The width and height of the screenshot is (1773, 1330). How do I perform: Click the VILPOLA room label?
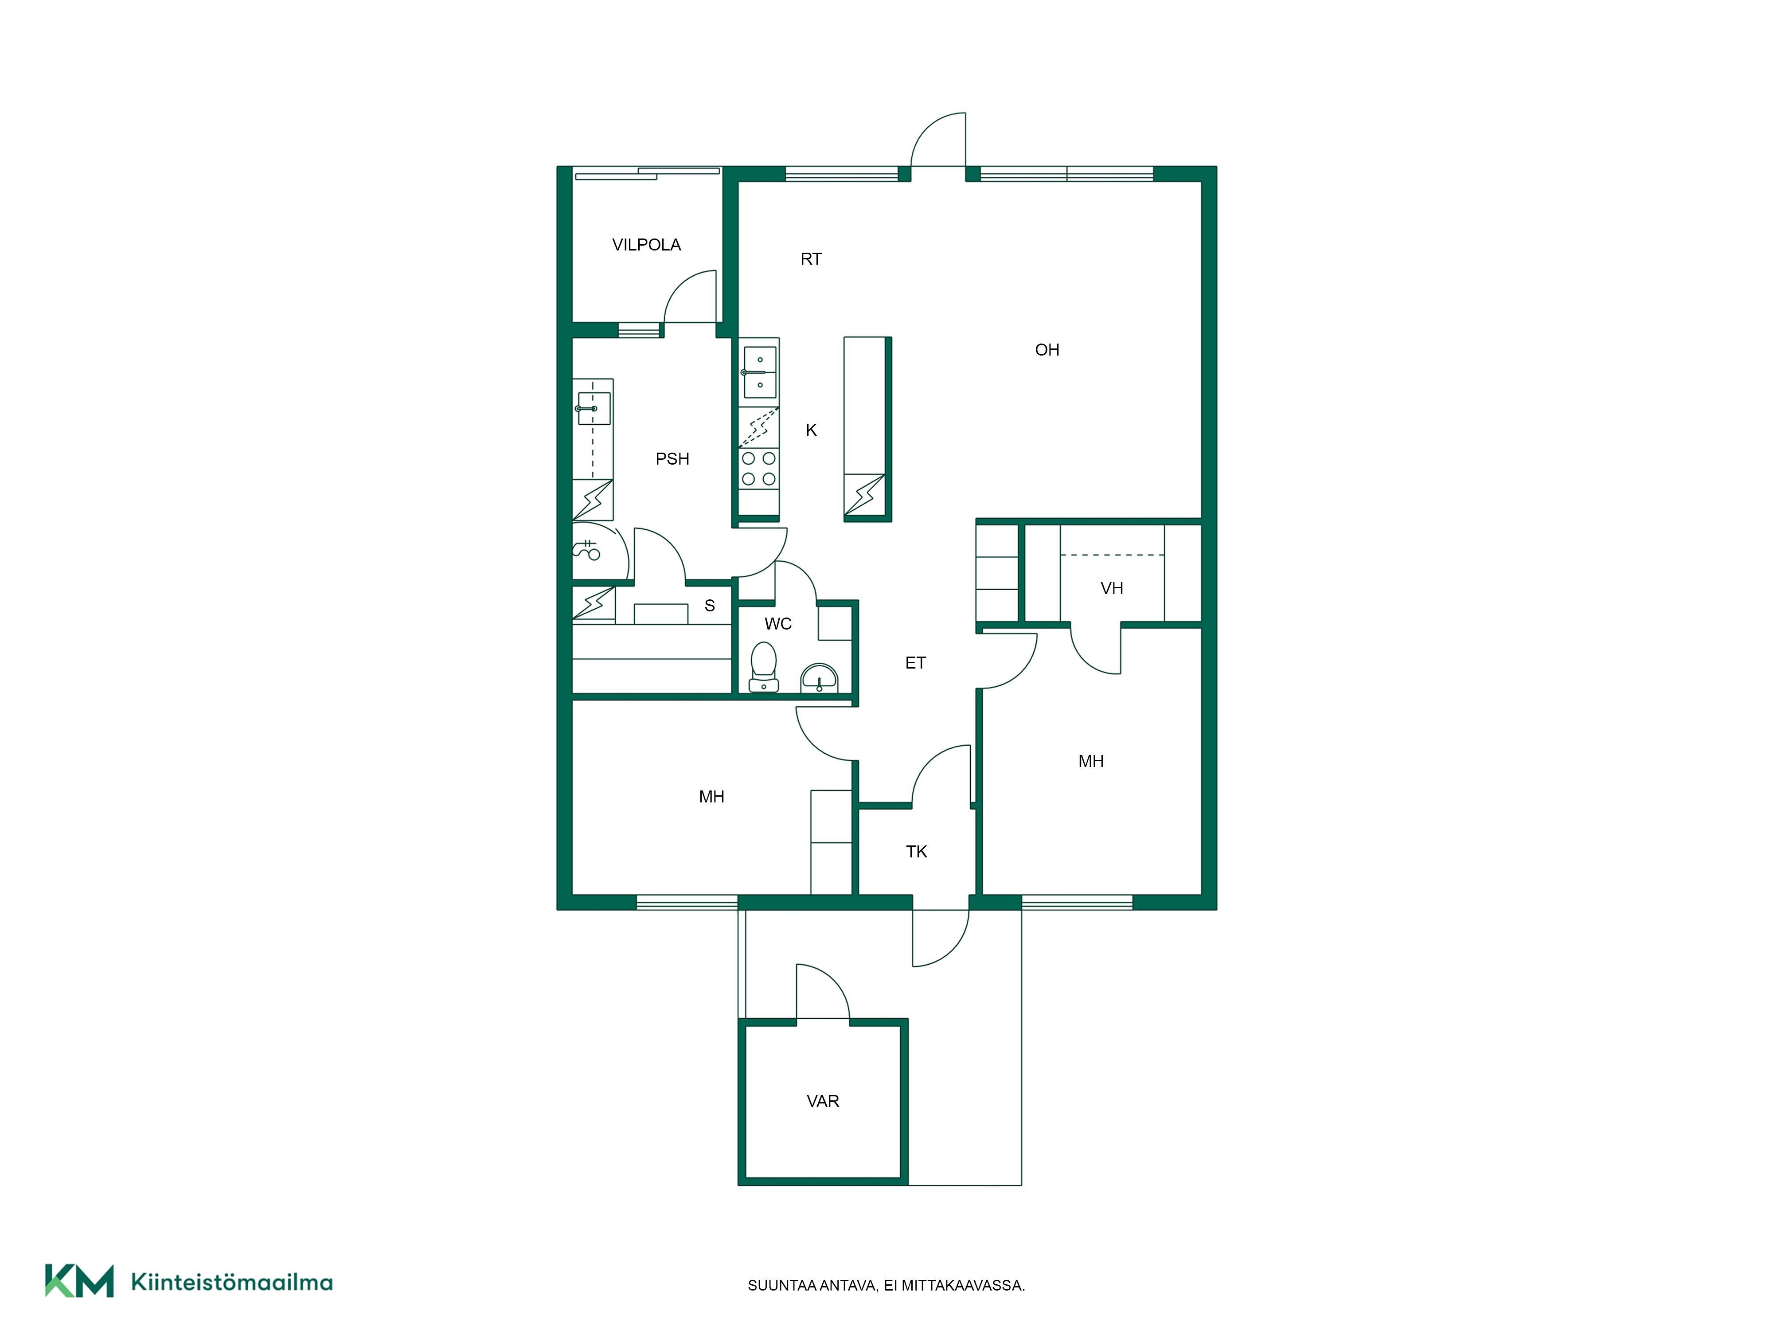[x=646, y=245]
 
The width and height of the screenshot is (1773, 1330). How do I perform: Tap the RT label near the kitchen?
[x=811, y=259]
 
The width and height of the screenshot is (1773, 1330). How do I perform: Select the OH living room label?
[x=1047, y=349]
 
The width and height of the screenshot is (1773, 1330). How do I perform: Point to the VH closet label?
[x=1112, y=588]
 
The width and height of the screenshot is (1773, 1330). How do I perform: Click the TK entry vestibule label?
[x=916, y=851]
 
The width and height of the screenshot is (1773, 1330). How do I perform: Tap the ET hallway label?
[x=915, y=663]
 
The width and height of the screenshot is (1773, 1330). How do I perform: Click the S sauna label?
[x=709, y=606]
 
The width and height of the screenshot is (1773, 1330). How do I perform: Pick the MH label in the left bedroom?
[x=712, y=797]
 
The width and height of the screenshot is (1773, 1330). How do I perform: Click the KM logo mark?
[x=78, y=1280]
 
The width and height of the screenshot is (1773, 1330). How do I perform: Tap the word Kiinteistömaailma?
[x=232, y=1283]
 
